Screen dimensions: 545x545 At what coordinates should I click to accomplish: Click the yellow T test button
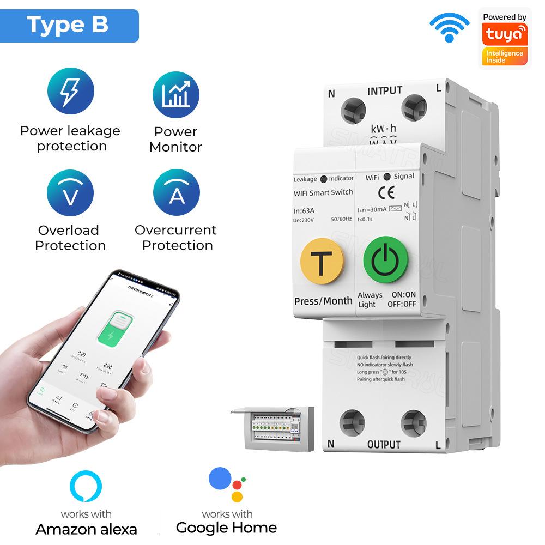[322, 263]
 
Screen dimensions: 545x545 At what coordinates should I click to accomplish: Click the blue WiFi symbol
[449, 27]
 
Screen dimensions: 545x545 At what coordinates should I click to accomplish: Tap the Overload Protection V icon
[70, 193]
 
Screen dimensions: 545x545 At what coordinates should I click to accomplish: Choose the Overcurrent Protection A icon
[176, 193]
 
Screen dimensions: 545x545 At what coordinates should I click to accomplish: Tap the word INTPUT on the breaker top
[385, 91]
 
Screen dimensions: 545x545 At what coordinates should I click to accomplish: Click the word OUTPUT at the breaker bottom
[384, 445]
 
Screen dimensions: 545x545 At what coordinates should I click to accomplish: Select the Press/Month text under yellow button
[323, 301]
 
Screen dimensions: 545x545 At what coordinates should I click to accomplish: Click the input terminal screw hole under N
[353, 111]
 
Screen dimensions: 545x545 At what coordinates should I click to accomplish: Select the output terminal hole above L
[413, 422]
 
